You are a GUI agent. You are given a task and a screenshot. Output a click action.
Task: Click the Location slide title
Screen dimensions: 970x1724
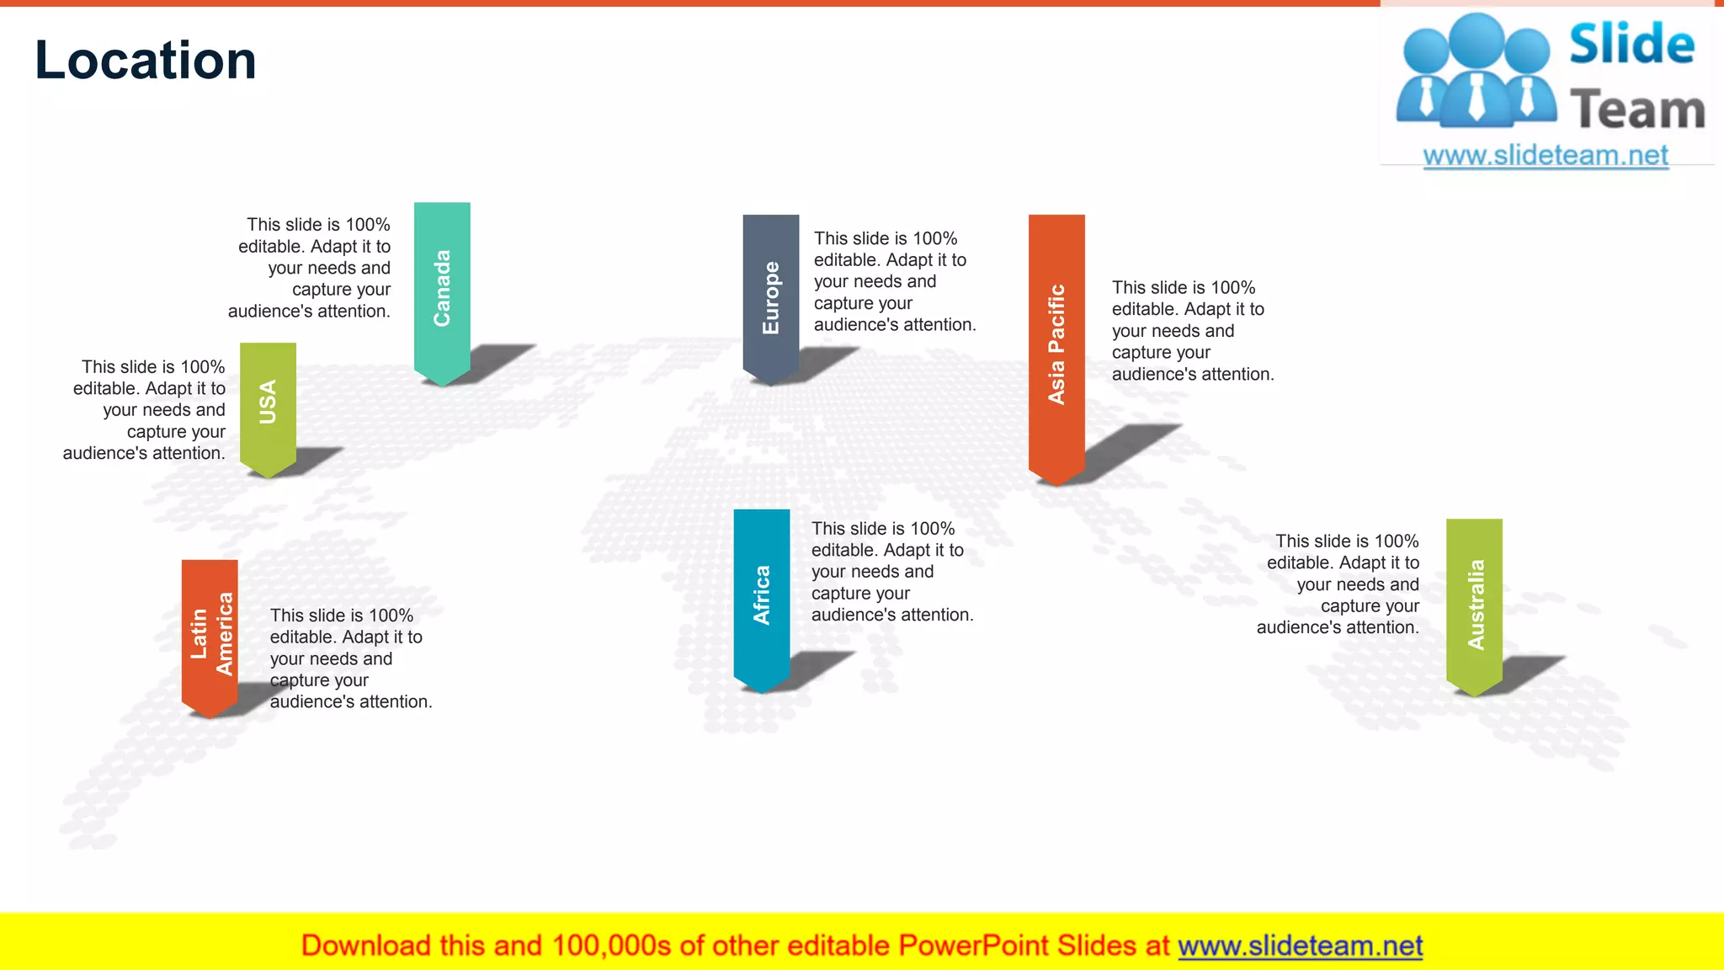146,61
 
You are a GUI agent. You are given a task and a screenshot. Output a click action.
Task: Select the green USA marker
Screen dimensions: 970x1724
268,403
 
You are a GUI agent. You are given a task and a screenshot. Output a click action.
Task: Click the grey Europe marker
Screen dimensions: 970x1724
770,295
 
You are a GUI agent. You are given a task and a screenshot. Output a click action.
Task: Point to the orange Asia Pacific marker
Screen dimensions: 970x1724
1056,344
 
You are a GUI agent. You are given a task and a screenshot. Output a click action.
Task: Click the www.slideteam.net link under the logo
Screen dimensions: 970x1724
1546,155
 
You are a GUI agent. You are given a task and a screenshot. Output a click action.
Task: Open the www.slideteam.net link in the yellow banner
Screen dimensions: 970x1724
1300,946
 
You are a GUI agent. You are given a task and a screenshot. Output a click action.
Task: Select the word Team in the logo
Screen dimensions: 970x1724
1637,110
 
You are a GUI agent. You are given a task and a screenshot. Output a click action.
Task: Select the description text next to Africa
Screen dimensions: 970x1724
891,572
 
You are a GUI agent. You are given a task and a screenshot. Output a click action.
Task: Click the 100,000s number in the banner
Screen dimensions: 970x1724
611,946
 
